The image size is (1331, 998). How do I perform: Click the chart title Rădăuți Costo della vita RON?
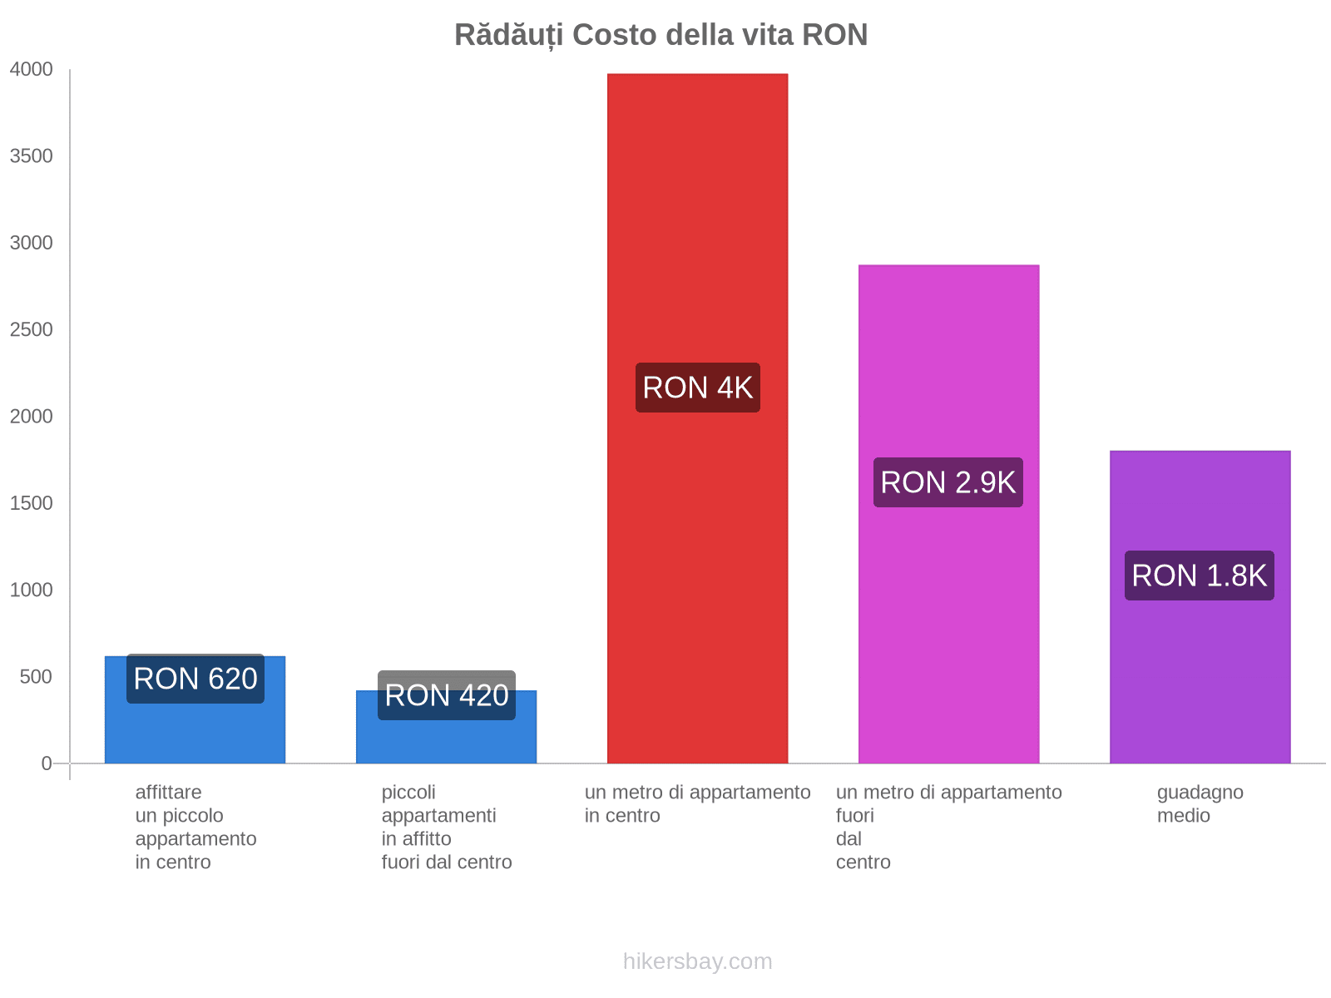pos(661,35)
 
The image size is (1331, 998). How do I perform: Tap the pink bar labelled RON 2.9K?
pos(948,349)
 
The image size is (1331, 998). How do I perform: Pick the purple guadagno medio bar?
pos(1200,665)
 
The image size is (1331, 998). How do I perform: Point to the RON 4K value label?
pos(697,388)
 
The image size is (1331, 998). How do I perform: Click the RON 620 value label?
pos(195,679)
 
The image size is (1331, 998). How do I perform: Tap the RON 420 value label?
pos(446,695)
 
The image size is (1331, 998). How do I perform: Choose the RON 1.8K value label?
pos(1199,576)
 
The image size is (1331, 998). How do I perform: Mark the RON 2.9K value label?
pos(948,482)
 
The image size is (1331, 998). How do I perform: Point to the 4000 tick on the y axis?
pos(31,70)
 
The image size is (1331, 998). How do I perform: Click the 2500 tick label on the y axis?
pos(31,330)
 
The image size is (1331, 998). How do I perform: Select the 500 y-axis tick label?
pos(36,677)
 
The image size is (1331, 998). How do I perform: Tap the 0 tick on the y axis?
pos(47,763)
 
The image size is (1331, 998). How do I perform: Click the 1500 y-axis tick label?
pos(31,503)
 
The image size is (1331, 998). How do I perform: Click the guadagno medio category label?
pos(1200,803)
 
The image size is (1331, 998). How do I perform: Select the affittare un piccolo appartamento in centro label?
pos(195,827)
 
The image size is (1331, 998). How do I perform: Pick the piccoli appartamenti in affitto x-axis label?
pos(446,827)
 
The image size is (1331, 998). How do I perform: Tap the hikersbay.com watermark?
pos(697,961)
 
